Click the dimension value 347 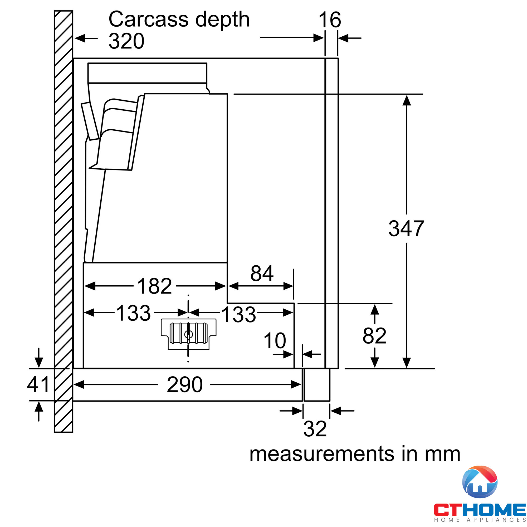pos(406,228)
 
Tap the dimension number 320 pos(126,41)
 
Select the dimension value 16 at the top pos(330,20)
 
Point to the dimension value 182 pos(154,286)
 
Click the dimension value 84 pos(262,273)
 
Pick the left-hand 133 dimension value pos(133,313)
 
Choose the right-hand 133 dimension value pos(239,315)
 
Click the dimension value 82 pos(374,336)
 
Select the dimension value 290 pos(185,385)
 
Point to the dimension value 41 pos(38,384)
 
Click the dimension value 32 pos(315,429)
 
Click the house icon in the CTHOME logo pos(480,482)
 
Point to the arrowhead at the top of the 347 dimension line pos(406,100)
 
